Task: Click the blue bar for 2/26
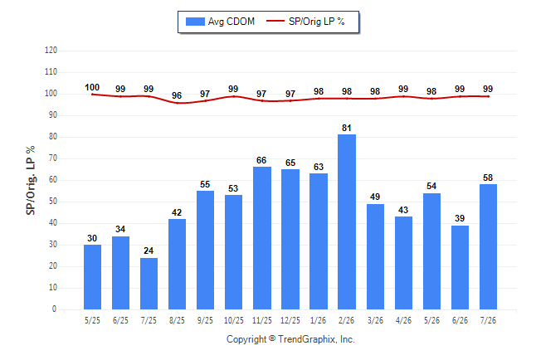point(347,221)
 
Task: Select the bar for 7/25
point(149,284)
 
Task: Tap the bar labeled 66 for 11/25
point(262,238)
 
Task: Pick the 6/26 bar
point(460,267)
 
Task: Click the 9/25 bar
point(205,250)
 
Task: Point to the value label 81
point(347,128)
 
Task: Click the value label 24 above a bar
point(149,251)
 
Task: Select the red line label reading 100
point(92,87)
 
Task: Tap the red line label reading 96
point(177,95)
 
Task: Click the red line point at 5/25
point(92,95)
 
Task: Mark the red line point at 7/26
point(488,96)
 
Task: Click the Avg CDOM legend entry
point(220,22)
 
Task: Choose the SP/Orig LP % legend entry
point(305,22)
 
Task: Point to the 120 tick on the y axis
point(51,51)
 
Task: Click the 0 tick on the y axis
point(54,309)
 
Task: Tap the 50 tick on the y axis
point(52,202)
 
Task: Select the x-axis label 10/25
point(234,320)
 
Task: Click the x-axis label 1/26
point(319,320)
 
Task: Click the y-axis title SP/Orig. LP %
point(31,180)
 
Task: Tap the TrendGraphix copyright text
point(290,339)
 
